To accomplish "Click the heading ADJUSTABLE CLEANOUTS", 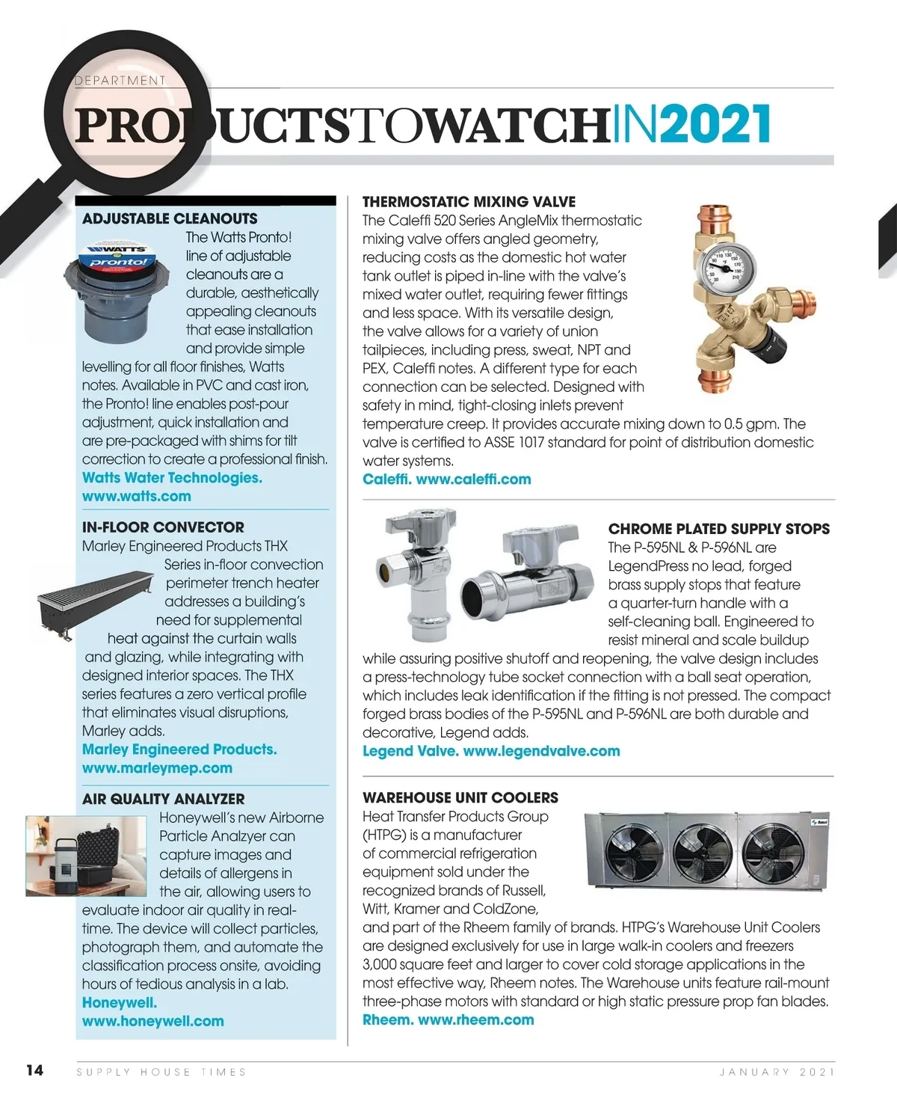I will tap(170, 219).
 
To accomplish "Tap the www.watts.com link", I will tap(136, 496).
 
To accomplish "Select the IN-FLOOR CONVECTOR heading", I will tap(163, 527).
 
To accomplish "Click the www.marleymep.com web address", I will tap(157, 768).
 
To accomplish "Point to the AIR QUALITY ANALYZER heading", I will tap(163, 799).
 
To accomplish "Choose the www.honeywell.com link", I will tap(152, 1021).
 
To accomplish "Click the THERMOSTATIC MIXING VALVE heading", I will tap(469, 202).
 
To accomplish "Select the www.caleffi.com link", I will tap(473, 479).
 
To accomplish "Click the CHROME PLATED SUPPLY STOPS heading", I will tap(718, 529).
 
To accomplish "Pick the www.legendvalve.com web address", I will tap(541, 751).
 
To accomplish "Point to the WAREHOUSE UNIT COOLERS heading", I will tap(460, 798).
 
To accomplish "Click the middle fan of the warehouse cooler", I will tap(703, 853).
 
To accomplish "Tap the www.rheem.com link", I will tap(475, 1019).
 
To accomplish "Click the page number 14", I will tap(34, 1070).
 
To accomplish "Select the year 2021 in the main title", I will tap(715, 125).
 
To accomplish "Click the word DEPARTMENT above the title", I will tap(120, 80).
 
